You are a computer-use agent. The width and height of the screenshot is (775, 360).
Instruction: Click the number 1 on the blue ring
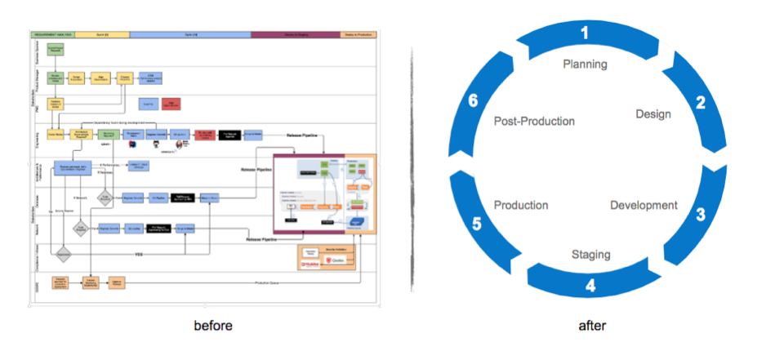[x=584, y=33]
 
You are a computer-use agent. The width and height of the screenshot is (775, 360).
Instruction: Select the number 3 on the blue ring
[x=700, y=216]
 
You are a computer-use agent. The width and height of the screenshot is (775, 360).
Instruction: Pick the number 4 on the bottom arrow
[x=590, y=286]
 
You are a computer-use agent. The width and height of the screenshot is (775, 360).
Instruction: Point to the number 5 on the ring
[x=475, y=223]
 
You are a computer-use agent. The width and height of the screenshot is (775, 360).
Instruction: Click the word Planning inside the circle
[x=586, y=64]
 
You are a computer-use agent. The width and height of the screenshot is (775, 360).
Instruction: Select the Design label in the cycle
[x=653, y=114]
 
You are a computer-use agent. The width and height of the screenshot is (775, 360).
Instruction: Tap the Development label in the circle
[x=644, y=205]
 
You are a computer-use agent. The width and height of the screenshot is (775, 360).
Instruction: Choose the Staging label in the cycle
[x=590, y=255]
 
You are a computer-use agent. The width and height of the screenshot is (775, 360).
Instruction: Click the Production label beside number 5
[x=521, y=205]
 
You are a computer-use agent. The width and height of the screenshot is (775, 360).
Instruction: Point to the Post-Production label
[x=534, y=121]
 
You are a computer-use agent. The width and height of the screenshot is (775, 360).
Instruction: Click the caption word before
[x=213, y=326]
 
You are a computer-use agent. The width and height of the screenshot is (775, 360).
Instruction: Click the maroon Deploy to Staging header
[x=295, y=35]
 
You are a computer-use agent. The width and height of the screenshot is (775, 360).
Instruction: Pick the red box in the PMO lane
[x=171, y=104]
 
